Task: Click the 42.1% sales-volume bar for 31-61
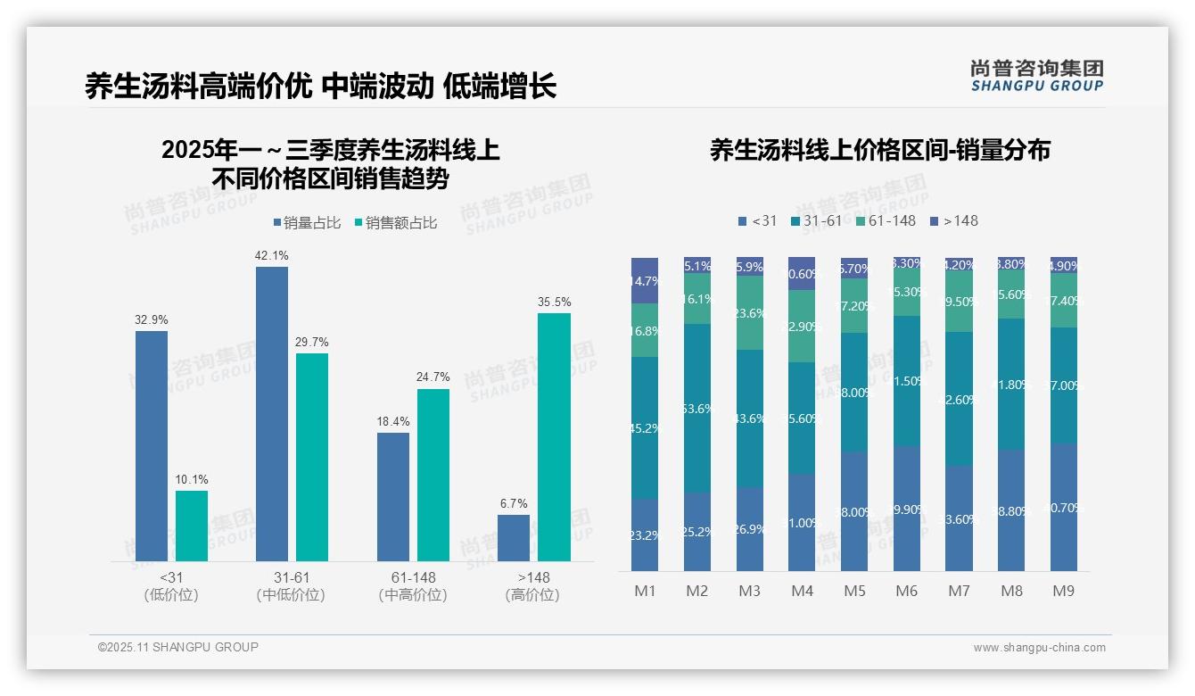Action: pos(272,413)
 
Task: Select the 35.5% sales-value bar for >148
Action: pos(554,436)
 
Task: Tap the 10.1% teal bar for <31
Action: pos(192,526)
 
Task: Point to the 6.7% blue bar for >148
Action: pos(514,538)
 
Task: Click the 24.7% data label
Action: pos(433,377)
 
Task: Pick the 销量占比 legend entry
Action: pos(307,223)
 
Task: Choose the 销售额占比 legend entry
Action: pos(395,223)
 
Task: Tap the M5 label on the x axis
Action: pos(854,591)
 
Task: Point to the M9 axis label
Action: pos(1064,591)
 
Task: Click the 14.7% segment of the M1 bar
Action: pos(645,280)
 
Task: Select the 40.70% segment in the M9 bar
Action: pos(1064,507)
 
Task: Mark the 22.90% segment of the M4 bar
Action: pos(802,326)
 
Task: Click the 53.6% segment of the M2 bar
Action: pos(697,408)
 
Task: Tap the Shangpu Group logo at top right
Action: pos(1036,75)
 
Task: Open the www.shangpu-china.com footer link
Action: pos(1039,648)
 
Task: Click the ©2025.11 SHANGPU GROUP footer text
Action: pos(178,647)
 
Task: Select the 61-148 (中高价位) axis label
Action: pos(413,586)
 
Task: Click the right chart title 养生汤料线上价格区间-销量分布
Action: pos(879,150)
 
